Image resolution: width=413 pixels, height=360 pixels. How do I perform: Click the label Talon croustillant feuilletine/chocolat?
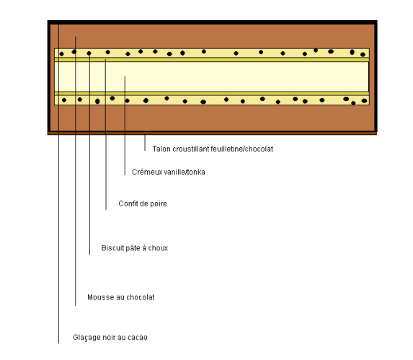[213, 149]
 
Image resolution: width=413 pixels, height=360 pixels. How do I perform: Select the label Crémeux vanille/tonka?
[169, 172]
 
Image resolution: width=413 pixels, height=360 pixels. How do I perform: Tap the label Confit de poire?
[143, 203]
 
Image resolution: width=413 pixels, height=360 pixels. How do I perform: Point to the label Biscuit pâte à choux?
[135, 248]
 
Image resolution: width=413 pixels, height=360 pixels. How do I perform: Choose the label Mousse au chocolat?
[121, 297]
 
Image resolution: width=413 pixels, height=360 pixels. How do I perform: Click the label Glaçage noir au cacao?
[110, 338]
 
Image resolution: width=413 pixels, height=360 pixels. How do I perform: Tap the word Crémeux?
[147, 172]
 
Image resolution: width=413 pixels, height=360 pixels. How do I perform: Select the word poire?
[159, 204]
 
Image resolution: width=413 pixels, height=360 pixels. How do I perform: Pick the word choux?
[158, 248]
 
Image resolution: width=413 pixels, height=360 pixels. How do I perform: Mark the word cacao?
[138, 338]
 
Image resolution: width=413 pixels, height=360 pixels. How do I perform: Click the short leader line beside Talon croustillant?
[145, 143]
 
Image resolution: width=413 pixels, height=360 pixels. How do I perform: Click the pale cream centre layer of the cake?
[211, 76]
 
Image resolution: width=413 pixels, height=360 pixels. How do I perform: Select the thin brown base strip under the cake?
[212, 133]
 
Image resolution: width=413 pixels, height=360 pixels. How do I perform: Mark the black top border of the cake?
[213, 22]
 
